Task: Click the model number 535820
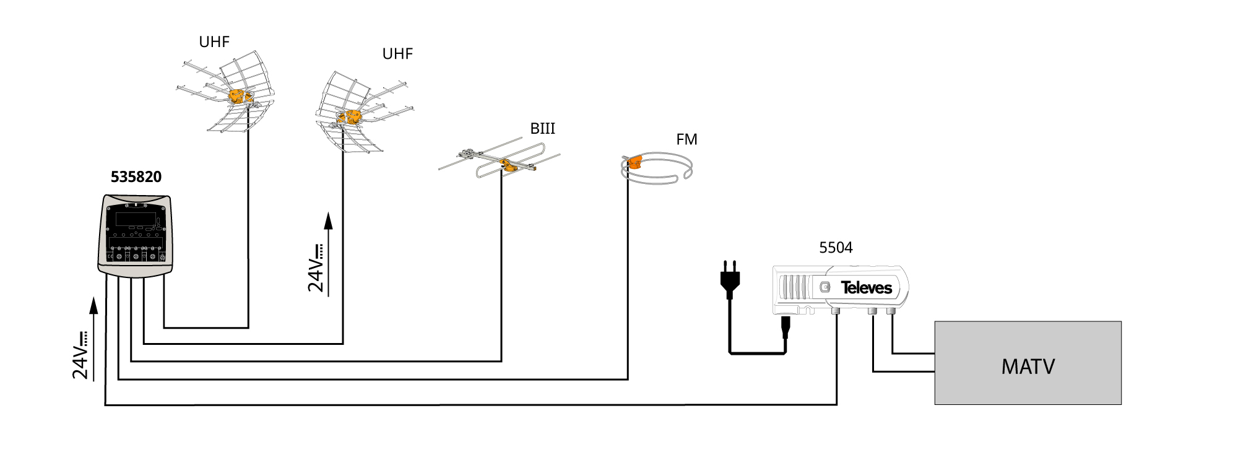[x=136, y=177]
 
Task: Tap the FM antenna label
[x=686, y=140]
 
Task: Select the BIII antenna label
[x=542, y=129]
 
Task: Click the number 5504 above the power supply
[x=836, y=248]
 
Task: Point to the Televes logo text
[x=866, y=288]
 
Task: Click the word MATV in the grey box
[x=1028, y=367]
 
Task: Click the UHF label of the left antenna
[x=214, y=42]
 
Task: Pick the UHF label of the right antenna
[x=397, y=54]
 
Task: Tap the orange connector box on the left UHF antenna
[x=237, y=97]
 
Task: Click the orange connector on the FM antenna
[x=634, y=163]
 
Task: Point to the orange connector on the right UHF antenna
[x=352, y=116]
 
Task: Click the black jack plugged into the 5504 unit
[x=786, y=326]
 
